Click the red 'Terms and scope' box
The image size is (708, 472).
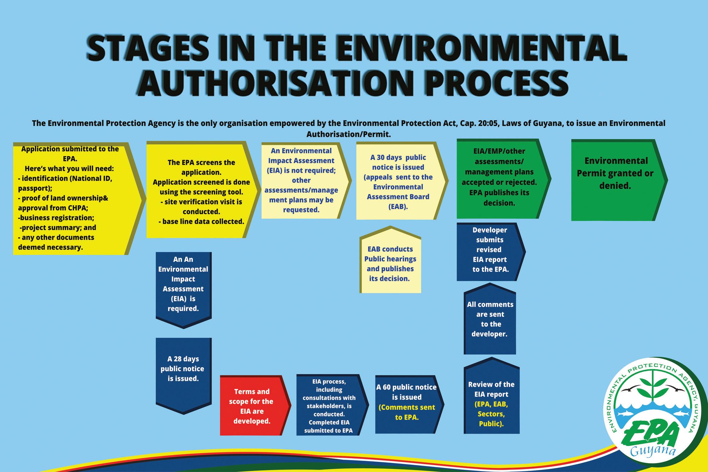coord(252,406)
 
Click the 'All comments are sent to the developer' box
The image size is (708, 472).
coord(490,319)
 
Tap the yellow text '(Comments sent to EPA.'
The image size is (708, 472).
coord(407,413)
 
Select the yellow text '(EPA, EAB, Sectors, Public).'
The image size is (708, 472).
coord(491,413)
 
